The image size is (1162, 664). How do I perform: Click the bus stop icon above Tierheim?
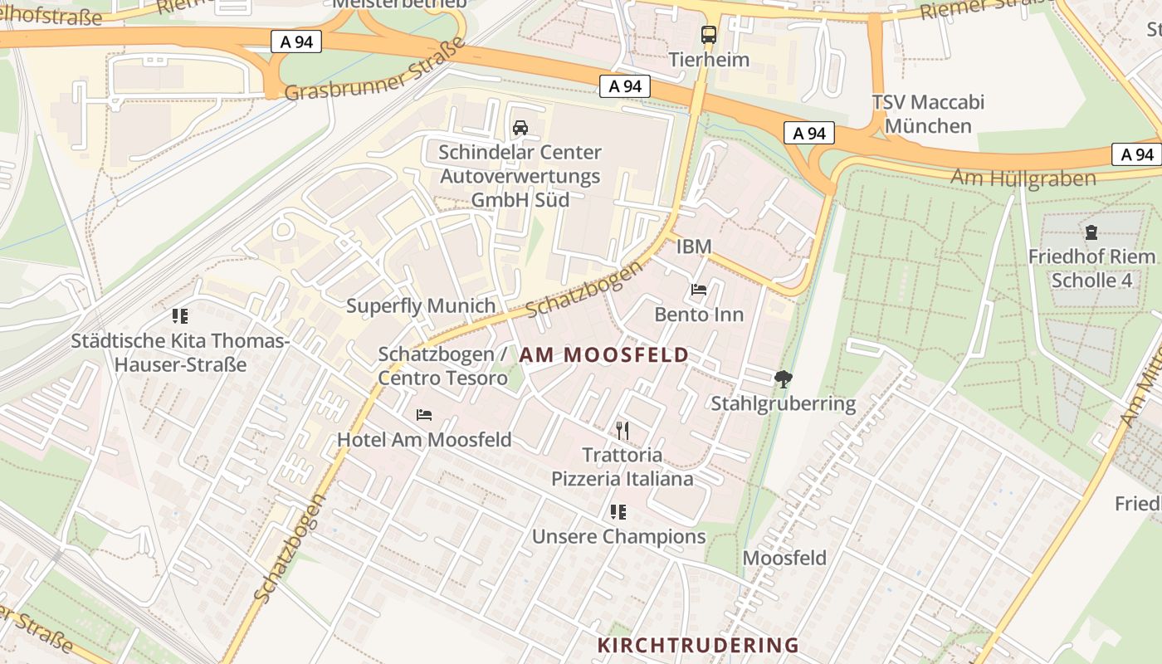click(x=708, y=35)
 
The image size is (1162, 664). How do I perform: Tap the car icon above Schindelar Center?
click(x=520, y=128)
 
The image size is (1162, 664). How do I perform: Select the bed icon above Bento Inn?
click(x=699, y=290)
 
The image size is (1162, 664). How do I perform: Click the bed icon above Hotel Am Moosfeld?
click(x=424, y=414)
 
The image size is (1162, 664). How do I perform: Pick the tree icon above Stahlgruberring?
click(x=783, y=379)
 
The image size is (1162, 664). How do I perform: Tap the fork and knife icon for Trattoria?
click(x=622, y=430)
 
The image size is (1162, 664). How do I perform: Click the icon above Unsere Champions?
click(x=618, y=512)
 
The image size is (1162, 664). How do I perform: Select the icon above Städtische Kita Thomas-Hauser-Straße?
click(x=180, y=316)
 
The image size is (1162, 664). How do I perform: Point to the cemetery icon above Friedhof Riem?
click(x=1091, y=232)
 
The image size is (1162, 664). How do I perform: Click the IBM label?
click(x=694, y=247)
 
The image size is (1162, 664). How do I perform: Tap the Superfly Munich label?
click(x=421, y=305)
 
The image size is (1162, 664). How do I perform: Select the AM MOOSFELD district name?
click(x=604, y=355)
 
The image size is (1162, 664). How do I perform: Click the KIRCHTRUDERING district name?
click(x=698, y=645)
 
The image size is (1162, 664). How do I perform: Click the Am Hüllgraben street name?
click(x=1023, y=178)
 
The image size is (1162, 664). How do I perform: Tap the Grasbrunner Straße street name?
click(x=375, y=70)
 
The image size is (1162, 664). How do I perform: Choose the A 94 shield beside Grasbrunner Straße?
click(x=296, y=41)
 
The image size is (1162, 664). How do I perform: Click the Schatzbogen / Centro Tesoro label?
click(x=442, y=366)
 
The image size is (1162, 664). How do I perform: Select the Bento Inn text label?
click(x=699, y=315)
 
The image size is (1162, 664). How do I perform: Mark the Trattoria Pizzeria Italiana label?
click(x=622, y=466)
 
